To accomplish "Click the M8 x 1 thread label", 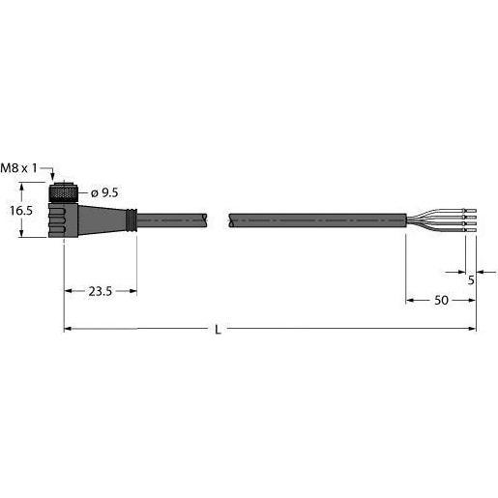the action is pos(19,168).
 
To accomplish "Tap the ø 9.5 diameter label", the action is pos(104,192).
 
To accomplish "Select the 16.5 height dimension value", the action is pos(21,211).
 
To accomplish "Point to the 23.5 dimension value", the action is pos(101,291).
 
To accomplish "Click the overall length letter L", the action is pos(219,330).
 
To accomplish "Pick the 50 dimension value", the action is pos(441,301).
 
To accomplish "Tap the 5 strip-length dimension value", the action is pos(471,280).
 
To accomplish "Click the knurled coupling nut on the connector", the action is pos(63,193).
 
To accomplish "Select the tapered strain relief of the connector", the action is pos(103,220).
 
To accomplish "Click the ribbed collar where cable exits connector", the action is pos(132,220).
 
